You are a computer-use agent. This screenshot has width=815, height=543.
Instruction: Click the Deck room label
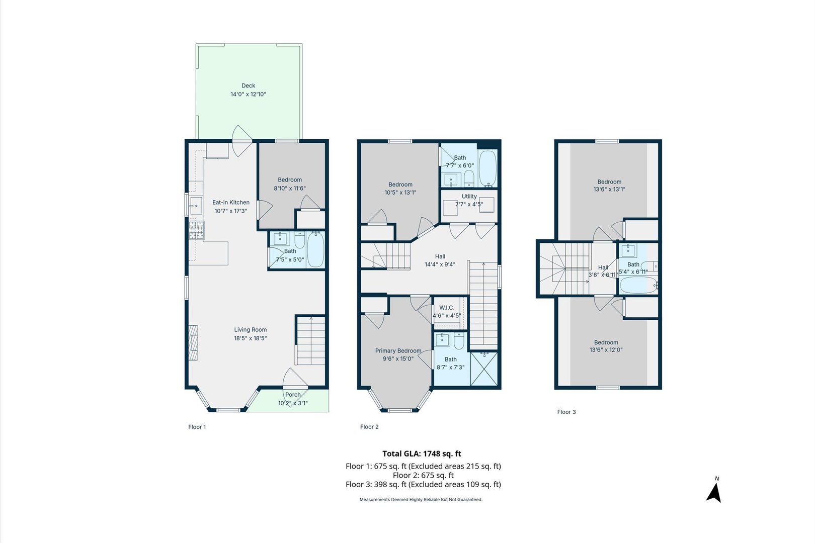[x=248, y=85]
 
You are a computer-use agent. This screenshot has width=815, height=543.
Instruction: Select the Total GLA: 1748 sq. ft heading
[x=422, y=454]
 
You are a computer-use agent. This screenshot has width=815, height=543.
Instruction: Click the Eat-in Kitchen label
[x=230, y=203]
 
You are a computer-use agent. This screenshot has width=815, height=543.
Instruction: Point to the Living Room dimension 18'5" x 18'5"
[x=250, y=338]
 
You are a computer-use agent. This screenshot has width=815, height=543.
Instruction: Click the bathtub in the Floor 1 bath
[x=316, y=250]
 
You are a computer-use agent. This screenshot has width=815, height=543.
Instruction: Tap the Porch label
[x=293, y=395]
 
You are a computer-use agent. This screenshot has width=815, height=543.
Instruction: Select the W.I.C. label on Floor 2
[x=447, y=308]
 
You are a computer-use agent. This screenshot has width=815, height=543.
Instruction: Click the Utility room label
[x=469, y=197]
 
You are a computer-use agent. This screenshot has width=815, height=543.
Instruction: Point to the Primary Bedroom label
[x=398, y=351]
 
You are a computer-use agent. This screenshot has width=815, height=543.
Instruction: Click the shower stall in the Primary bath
[x=484, y=369]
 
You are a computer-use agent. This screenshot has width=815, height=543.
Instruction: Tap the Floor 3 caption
[x=566, y=412]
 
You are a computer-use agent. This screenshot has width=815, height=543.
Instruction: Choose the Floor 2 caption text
[x=369, y=427]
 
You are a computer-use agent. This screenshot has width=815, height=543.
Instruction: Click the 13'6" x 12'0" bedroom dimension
[x=606, y=350]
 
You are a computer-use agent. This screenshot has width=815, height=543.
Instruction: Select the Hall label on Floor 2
[x=440, y=256]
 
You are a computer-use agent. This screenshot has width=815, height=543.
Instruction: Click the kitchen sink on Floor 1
[x=195, y=206]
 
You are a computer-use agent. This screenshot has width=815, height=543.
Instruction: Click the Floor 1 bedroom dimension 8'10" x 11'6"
[x=290, y=188]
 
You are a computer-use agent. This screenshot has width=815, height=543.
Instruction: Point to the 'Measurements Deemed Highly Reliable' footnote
[x=421, y=499]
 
